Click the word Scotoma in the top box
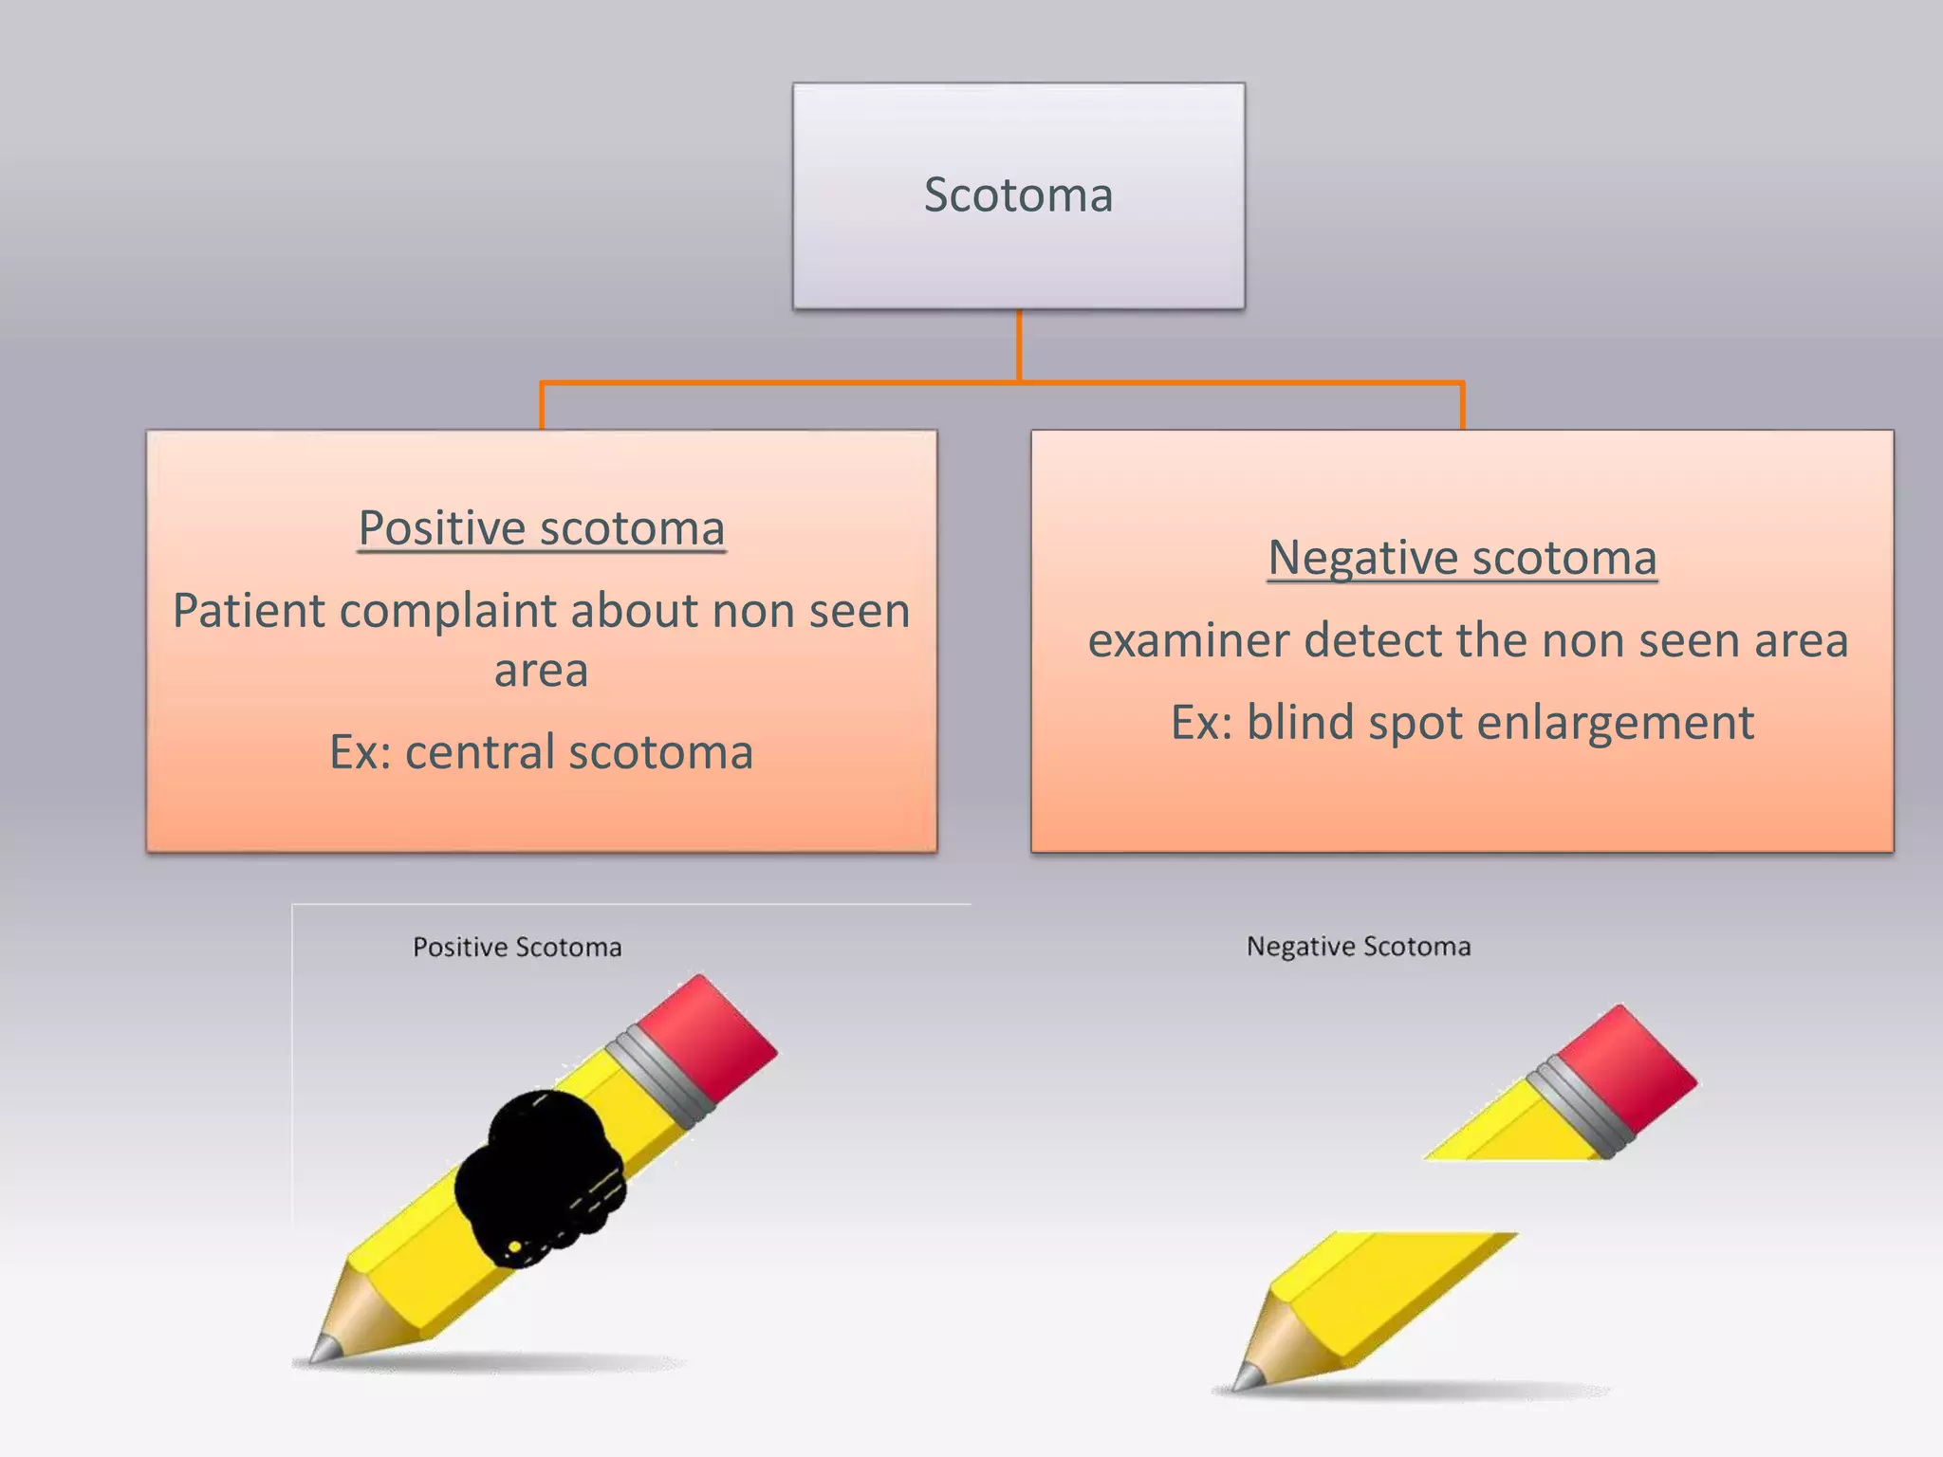pyautogui.click(x=1018, y=195)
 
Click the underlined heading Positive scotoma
pyautogui.click(x=542, y=528)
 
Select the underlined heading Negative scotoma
pyautogui.click(x=1462, y=558)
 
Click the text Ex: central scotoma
pyautogui.click(x=542, y=752)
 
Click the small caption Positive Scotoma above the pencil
pyautogui.click(x=517, y=947)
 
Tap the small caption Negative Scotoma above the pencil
pyautogui.click(x=1359, y=947)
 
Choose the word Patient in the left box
pyautogui.click(x=248, y=611)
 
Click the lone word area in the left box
pyautogui.click(x=542, y=671)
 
